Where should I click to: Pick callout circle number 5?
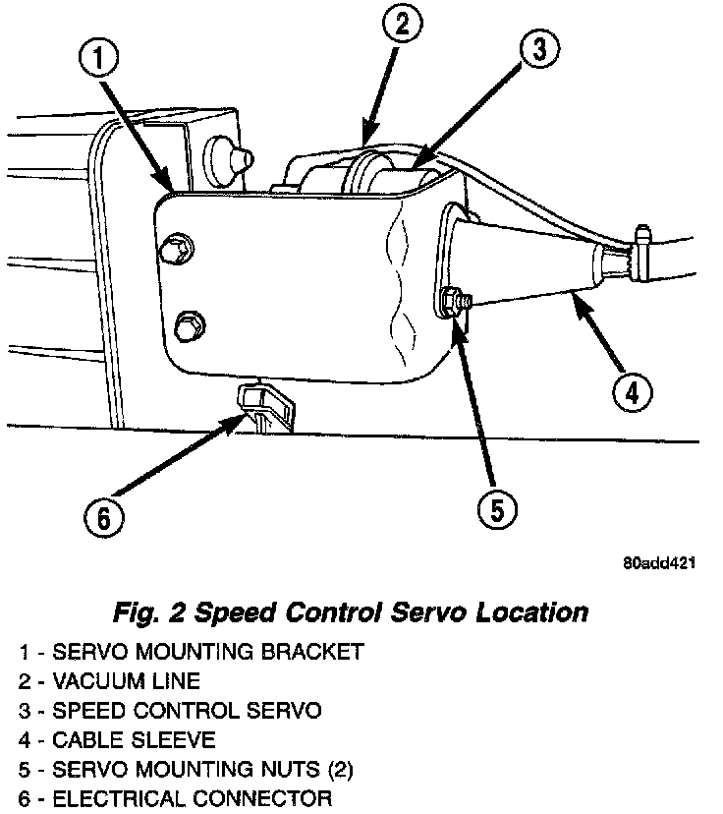[x=497, y=508]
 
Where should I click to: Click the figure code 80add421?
[x=659, y=564]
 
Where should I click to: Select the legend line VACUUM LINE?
[x=108, y=680]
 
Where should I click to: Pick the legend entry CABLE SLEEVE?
[x=116, y=738]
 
